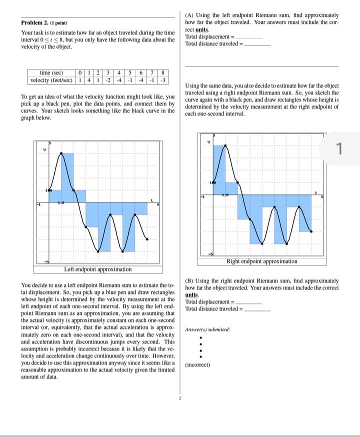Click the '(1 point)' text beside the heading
tap(58, 23)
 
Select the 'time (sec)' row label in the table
tap(51, 73)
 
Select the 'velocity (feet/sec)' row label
tap(51, 80)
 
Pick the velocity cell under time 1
tap(88, 80)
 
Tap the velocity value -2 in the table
tap(107, 80)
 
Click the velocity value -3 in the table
tap(164, 80)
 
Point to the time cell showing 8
tap(164, 73)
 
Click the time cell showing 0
tap(80, 73)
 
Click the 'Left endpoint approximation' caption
tap(98, 269)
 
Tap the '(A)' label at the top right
tap(190, 16)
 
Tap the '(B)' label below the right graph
tap(190, 281)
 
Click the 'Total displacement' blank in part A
tap(249, 37)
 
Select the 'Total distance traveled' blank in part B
tap(257, 309)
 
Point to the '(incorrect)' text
tap(197, 365)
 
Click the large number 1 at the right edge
tap(338, 148)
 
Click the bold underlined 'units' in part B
tap(192, 295)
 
